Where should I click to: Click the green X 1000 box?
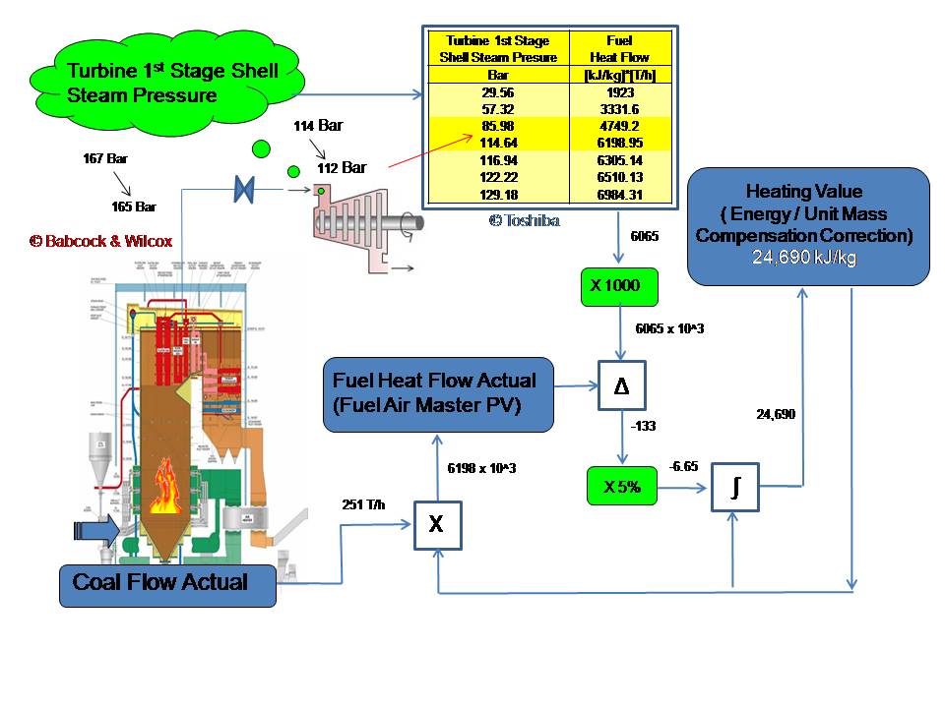point(617,285)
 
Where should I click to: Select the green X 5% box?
point(621,486)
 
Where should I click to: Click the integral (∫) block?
point(735,486)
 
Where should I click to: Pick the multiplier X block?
point(436,526)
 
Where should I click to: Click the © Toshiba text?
point(524,220)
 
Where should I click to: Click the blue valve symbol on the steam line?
point(245,189)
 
